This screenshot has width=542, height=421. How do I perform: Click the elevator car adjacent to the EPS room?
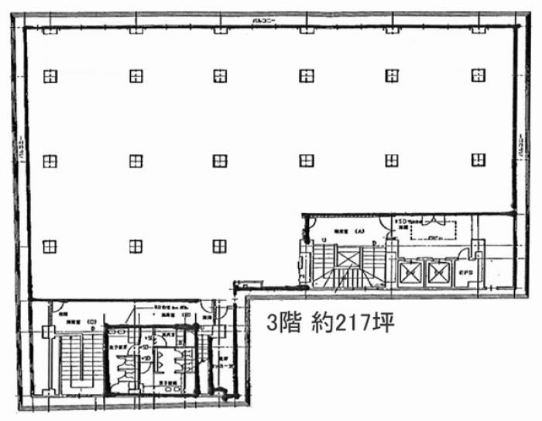click(438, 273)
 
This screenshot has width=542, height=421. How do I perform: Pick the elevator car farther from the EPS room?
click(408, 273)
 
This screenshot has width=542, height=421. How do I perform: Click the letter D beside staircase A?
click(375, 243)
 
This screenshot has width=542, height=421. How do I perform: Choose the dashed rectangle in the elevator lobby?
click(433, 230)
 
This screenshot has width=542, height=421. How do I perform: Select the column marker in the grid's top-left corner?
click(50, 75)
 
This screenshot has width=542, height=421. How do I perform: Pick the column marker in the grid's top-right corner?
click(479, 75)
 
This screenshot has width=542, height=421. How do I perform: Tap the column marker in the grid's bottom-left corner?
click(50, 246)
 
